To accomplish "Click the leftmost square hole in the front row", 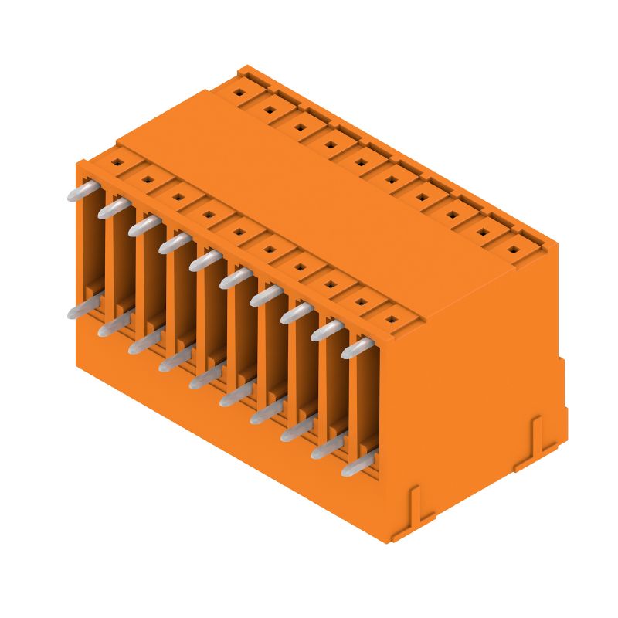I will (116, 163).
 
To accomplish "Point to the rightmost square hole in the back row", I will (512, 250).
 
